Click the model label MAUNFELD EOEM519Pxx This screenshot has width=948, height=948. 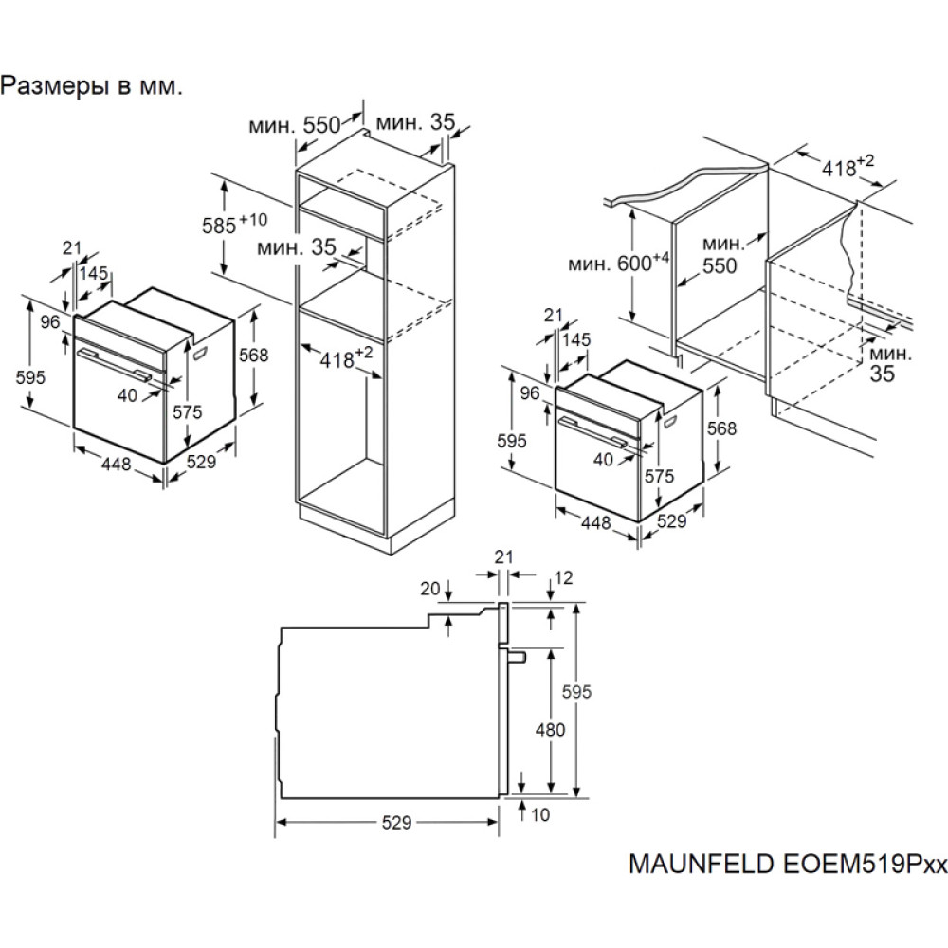click(787, 866)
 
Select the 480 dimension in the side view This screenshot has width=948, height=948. click(550, 729)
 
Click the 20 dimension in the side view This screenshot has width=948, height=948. click(430, 589)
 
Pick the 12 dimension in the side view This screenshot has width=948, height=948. click(565, 575)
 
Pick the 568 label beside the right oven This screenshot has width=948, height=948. click(722, 428)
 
